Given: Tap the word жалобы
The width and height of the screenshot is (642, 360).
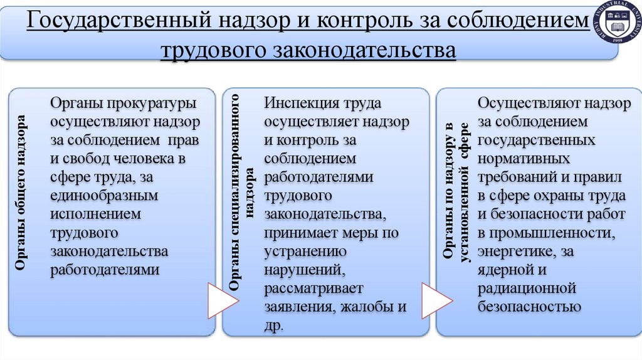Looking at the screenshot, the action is point(368,307).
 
